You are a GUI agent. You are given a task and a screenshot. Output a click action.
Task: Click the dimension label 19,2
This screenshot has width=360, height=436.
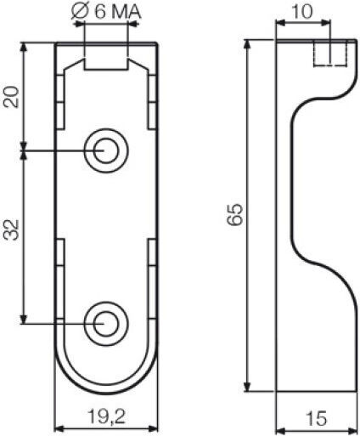(106, 416)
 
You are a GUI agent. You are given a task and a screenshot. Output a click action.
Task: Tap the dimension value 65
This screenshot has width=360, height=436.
(235, 214)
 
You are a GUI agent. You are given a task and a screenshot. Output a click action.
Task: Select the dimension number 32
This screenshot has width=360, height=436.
(12, 229)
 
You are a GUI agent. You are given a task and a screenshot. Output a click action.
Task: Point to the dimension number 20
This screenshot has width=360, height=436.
(12, 97)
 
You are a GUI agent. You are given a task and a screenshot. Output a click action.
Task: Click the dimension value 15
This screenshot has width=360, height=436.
(316, 418)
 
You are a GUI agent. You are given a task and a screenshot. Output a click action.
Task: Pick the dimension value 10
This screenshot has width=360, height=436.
(302, 12)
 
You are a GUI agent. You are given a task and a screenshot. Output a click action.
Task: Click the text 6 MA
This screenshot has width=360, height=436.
(117, 12)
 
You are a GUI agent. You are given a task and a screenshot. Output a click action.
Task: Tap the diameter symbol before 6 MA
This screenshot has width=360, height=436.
(80, 12)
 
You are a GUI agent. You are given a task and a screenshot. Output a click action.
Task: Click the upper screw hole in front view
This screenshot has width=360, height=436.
(106, 150)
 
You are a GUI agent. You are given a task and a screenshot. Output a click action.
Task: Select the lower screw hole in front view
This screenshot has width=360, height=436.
(106, 323)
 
